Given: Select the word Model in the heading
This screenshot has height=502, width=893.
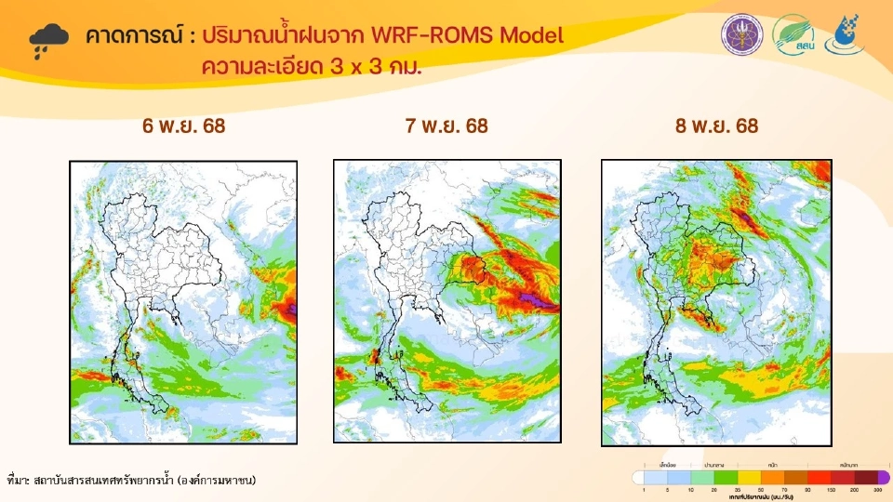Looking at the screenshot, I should point(531,36).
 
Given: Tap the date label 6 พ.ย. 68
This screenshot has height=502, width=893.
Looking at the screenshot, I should point(184,125).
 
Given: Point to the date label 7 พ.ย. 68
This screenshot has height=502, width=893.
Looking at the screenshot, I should point(446,125).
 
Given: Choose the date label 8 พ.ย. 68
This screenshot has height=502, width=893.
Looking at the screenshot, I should point(717,125).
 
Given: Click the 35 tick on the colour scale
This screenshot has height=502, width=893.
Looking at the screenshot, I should point(739,488).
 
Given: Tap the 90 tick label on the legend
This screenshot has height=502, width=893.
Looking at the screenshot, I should point(807,488).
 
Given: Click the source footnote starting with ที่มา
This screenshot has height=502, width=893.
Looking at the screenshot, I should point(131,480).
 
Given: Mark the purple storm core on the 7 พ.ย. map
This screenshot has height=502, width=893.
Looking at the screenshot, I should point(533,299).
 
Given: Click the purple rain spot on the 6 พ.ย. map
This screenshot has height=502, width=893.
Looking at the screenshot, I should point(290,308).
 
